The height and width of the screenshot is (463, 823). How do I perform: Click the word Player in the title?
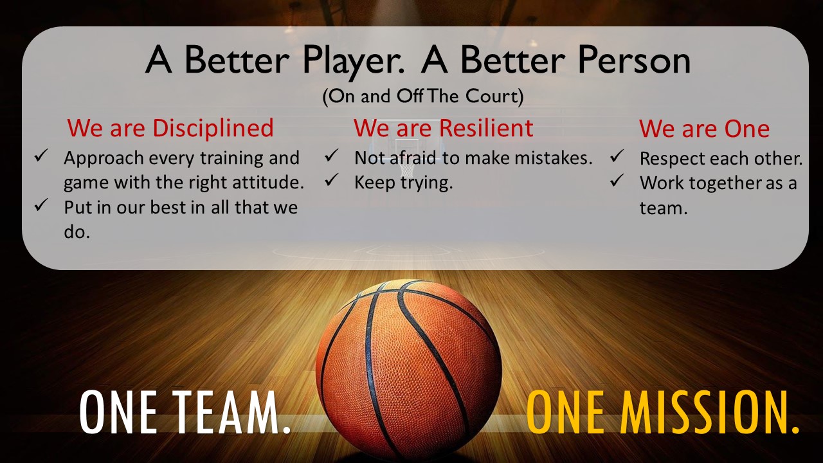(x=354, y=61)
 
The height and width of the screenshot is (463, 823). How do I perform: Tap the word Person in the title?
(x=634, y=60)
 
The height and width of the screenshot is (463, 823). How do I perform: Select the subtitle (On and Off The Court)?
(x=423, y=96)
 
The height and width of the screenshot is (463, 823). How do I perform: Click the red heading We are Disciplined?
(x=170, y=129)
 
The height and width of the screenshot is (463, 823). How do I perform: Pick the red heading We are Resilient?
(x=444, y=128)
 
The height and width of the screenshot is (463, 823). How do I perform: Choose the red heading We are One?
(x=704, y=129)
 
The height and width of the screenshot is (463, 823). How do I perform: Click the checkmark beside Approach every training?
(x=41, y=156)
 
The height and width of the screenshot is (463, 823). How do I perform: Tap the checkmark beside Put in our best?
(x=41, y=204)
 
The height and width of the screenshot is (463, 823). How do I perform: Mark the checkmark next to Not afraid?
(x=332, y=155)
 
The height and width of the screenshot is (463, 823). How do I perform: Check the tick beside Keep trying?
(x=332, y=179)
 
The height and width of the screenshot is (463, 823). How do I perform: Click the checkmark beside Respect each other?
(x=617, y=156)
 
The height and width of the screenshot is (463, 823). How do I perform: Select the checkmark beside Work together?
(x=617, y=181)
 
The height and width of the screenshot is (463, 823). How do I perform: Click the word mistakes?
(x=554, y=158)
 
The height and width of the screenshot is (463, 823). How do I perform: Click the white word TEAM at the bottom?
(x=231, y=412)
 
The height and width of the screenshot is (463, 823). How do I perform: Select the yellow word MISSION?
(x=709, y=412)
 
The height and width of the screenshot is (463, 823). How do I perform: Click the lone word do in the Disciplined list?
(x=77, y=232)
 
